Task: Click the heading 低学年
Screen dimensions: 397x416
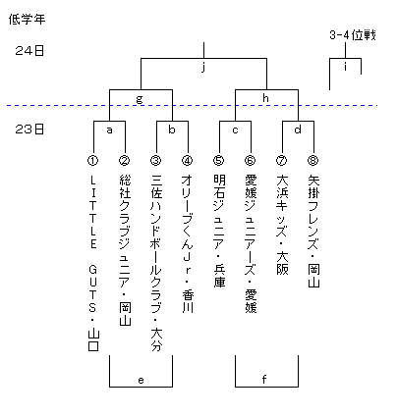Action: (27, 20)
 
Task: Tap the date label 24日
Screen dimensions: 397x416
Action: (29, 51)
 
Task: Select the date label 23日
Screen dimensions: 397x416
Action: (29, 130)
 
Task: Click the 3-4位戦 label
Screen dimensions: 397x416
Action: (353, 35)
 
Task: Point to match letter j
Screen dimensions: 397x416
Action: (203, 68)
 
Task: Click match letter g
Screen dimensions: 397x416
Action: (140, 99)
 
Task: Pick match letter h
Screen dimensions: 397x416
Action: (265, 98)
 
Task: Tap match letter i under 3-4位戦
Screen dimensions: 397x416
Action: (345, 67)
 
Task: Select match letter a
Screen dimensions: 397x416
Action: (109, 130)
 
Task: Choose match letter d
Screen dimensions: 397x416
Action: (298, 130)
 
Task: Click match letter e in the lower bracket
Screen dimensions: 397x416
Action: (141, 381)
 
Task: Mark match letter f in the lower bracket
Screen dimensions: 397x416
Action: (264, 379)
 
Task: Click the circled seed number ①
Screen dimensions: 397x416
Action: (93, 160)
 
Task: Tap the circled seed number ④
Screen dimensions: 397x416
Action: (188, 160)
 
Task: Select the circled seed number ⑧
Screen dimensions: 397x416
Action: (313, 160)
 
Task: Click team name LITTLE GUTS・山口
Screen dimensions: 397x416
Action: (93, 263)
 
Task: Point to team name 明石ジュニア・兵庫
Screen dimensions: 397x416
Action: (219, 232)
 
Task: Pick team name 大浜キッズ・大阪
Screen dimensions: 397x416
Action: (282, 225)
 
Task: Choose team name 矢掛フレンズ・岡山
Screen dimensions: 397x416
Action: (313, 232)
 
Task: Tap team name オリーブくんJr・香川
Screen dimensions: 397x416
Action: (188, 244)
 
